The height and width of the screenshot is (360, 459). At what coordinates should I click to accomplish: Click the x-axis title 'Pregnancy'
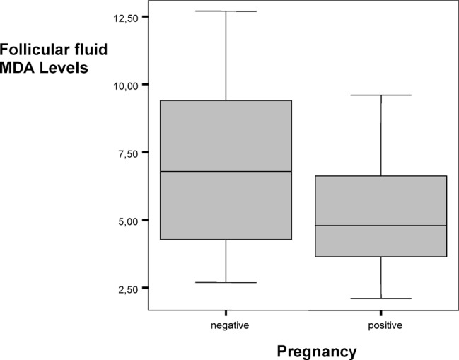click(316, 350)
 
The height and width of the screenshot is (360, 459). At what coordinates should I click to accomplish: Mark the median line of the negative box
click(226, 171)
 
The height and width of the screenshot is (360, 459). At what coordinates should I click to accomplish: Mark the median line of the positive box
click(381, 225)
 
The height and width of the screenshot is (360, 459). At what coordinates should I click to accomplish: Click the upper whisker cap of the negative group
click(226, 11)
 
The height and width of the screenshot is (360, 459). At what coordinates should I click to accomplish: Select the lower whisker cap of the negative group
click(226, 282)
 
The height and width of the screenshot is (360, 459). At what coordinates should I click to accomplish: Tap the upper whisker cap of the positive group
click(381, 95)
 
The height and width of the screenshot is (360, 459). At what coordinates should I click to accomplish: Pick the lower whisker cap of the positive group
click(381, 298)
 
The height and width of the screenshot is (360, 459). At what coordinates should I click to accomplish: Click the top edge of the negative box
click(226, 100)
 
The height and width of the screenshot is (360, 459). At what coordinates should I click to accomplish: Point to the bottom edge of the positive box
click(381, 256)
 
